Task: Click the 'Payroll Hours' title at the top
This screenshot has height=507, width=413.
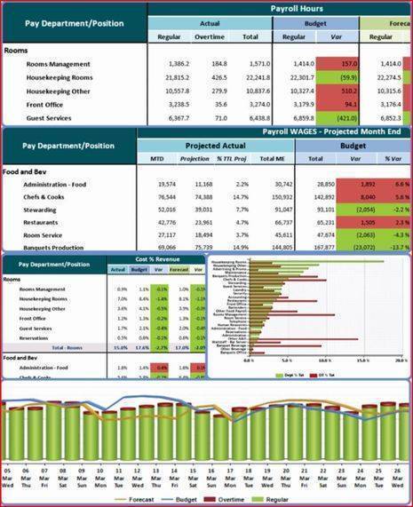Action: pyautogui.click(x=298, y=8)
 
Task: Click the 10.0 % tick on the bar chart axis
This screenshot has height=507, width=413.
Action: pyautogui.click(x=324, y=360)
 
